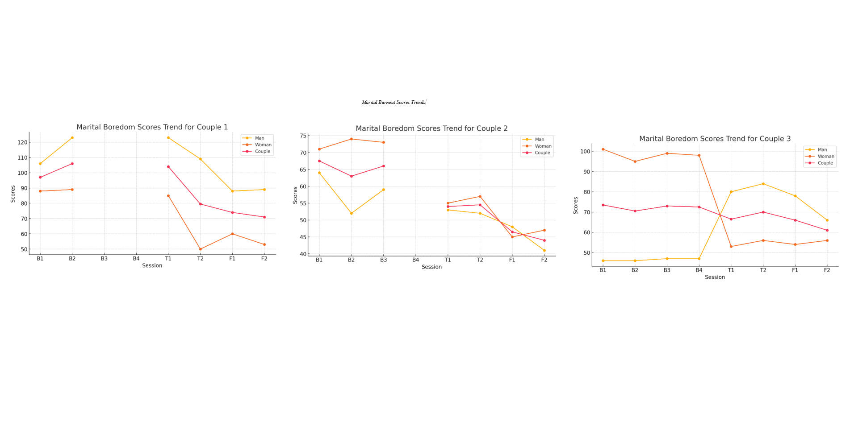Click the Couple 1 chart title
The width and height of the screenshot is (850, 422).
coord(152,127)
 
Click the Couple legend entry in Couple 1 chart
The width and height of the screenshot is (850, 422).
coord(262,152)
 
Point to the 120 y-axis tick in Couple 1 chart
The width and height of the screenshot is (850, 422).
coord(22,142)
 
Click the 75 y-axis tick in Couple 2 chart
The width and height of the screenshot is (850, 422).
coord(303,136)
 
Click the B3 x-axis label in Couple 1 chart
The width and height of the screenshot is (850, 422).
coord(104,259)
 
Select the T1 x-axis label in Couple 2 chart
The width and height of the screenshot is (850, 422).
coord(448,260)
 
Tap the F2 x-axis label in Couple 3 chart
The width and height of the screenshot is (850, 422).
coord(827,270)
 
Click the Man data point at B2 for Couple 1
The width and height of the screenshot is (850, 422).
coord(72,138)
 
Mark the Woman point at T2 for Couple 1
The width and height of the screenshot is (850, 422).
coord(201,249)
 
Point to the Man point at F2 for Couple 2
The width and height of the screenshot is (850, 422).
coord(544,250)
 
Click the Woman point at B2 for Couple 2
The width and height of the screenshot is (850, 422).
coord(352,139)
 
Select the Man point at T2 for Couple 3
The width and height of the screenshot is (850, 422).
coord(763,184)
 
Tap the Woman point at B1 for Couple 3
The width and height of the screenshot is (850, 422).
coord(603,149)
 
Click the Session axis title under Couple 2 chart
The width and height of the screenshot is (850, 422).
coord(431,267)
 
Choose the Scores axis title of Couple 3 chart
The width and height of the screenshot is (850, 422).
coord(576,206)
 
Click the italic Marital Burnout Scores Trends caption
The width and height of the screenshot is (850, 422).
coord(393,103)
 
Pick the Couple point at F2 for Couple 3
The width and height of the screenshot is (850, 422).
coord(827,231)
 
